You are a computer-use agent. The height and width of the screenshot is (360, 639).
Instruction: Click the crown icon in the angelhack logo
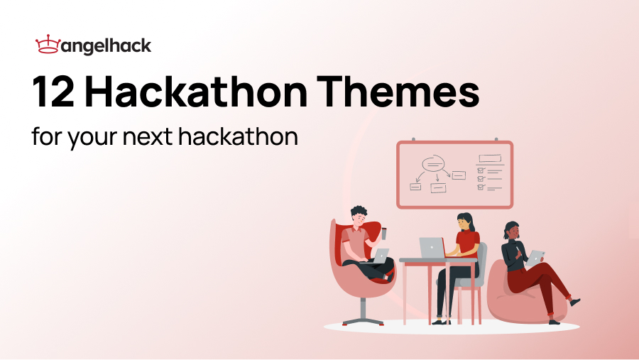(47, 46)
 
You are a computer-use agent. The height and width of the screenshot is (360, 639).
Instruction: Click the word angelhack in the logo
(106, 47)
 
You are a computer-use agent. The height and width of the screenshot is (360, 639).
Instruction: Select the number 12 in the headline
(54, 94)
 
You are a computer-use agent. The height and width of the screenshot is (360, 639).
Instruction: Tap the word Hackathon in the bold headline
(200, 94)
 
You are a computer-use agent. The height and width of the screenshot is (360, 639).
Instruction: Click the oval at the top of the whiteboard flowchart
(432, 164)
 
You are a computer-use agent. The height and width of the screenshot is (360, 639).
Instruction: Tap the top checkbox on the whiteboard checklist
(481, 170)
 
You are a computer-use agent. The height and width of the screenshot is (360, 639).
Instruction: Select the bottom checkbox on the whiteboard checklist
(481, 188)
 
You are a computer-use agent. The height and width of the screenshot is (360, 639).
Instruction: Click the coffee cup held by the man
(384, 233)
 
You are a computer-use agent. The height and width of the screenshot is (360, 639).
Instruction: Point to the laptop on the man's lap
(379, 256)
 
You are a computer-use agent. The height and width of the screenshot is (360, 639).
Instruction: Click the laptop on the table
(432, 248)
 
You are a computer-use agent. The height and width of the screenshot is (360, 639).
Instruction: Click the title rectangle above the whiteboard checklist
(490, 159)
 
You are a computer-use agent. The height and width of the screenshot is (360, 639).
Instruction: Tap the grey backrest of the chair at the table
(481, 259)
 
